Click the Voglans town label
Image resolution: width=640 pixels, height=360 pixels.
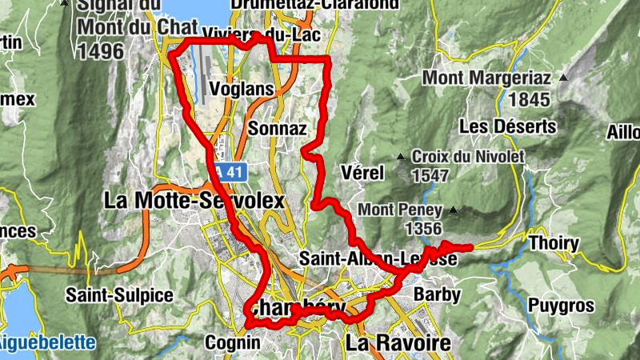[x=242, y=88]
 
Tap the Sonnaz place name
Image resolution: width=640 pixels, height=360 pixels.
[x=278, y=128]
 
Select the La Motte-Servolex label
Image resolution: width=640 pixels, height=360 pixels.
[x=194, y=201]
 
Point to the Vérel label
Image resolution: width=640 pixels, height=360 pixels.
[x=362, y=173]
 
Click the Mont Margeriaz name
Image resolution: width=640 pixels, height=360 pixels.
[x=487, y=78]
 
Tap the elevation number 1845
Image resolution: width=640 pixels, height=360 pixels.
[x=529, y=100]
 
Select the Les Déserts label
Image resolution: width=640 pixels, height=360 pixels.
[x=508, y=126]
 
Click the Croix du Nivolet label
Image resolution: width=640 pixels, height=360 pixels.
[x=468, y=157]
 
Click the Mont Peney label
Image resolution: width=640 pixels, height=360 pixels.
[x=401, y=210]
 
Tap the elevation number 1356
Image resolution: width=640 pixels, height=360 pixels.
[x=424, y=229]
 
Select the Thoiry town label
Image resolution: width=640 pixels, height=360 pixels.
[x=554, y=242]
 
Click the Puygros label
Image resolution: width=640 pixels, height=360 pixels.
[x=562, y=306]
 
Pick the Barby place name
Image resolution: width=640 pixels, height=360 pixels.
[x=438, y=294]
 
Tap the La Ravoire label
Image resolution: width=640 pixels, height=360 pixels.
[x=398, y=344]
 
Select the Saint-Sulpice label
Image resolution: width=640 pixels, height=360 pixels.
[x=120, y=295]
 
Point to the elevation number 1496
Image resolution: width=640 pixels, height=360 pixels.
[x=101, y=51]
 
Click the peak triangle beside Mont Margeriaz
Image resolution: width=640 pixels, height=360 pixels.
[x=563, y=78]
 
